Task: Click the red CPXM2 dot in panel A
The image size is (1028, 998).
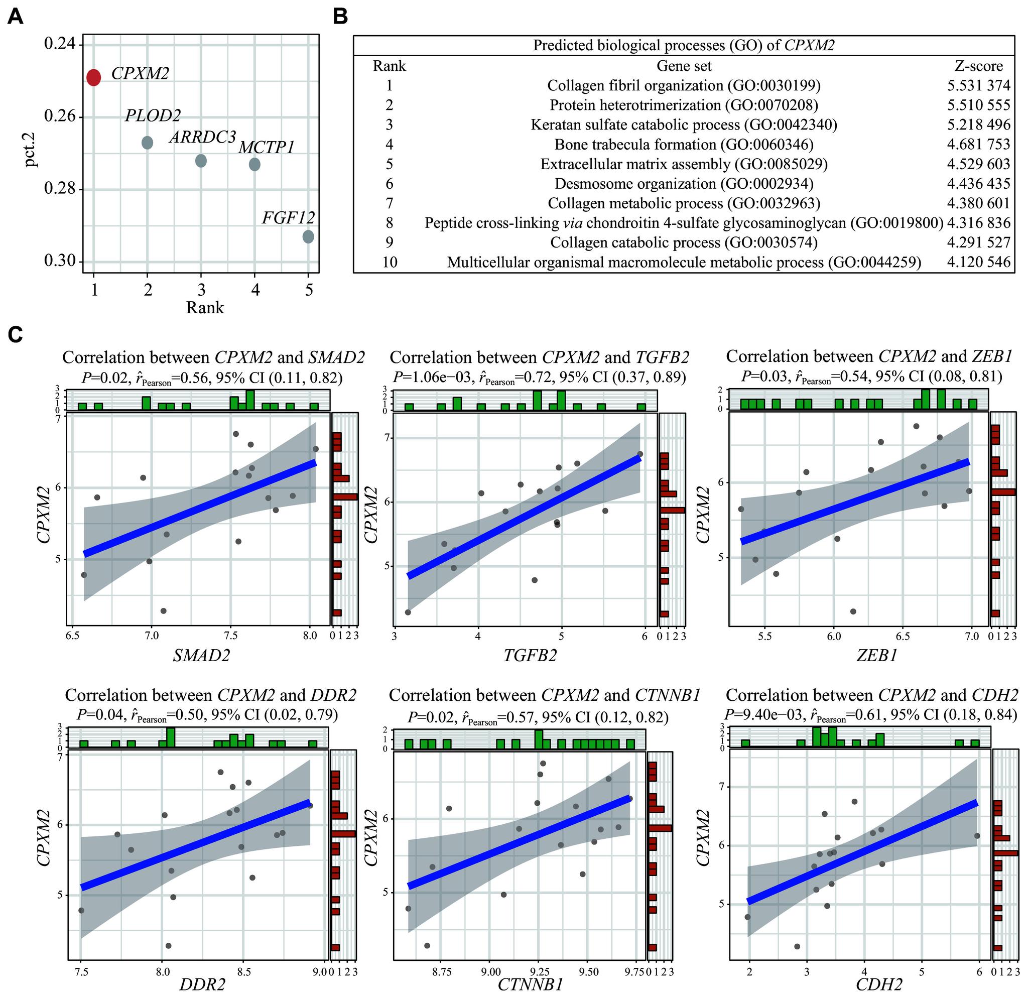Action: [x=93, y=78]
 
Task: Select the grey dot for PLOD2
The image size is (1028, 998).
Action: [x=148, y=142]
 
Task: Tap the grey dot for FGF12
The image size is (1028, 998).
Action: [x=308, y=236]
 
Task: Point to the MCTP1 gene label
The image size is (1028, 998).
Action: [x=266, y=148]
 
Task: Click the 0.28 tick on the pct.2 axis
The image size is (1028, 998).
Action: [x=60, y=189]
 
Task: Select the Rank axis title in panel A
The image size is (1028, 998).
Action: [x=205, y=307]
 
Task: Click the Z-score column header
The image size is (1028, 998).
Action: [x=978, y=66]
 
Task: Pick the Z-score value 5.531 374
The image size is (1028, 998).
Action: [x=978, y=85]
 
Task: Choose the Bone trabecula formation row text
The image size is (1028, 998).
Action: [x=684, y=144]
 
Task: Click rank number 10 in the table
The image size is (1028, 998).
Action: [x=390, y=262]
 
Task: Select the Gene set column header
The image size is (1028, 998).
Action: [x=684, y=66]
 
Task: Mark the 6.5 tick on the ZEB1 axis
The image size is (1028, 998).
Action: [x=903, y=637]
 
